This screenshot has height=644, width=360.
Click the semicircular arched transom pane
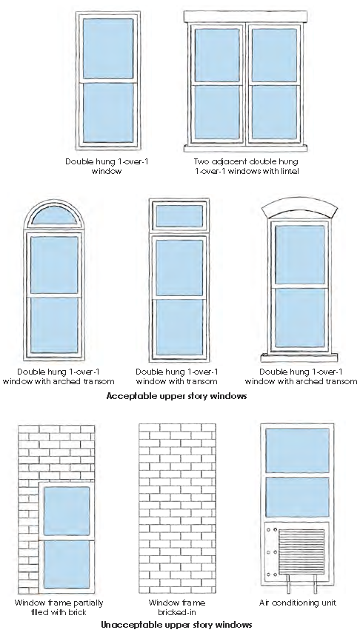pos(54,216)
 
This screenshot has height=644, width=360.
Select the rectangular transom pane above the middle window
pos(179,215)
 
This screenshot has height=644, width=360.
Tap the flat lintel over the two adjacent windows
pos(245,17)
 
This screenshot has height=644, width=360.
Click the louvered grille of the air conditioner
pos(301,551)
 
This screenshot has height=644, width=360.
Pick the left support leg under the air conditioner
pos(288,584)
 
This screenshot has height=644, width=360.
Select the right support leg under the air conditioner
pos(316,584)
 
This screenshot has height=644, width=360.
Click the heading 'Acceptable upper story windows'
pos(177,396)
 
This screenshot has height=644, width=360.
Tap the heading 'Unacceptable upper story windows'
pos(177,625)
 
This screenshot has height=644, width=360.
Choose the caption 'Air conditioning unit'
pos(298,603)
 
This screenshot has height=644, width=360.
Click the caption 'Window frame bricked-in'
pos(177,608)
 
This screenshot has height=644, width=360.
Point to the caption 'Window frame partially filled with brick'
pos(59,608)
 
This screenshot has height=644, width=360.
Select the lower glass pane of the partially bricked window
pos(67,564)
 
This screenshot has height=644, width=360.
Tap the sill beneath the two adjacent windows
pos(245,148)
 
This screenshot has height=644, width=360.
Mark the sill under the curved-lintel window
pos(299,358)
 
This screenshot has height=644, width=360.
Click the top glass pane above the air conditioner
pos(297,451)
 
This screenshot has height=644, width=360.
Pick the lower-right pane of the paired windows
pos(274,112)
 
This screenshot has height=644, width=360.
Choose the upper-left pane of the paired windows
pos(217,55)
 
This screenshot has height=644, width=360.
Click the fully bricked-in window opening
pos(177,509)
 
